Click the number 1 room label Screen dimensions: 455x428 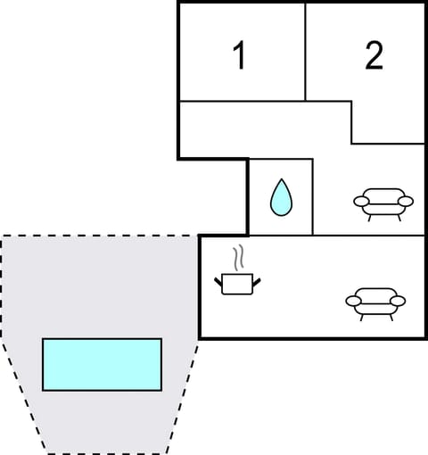pyautogui.click(x=239, y=55)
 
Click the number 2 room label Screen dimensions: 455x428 pyautogui.click(x=374, y=55)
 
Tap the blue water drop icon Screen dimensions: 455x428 pyautogui.click(x=281, y=197)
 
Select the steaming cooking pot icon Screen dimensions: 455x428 pyautogui.click(x=238, y=282)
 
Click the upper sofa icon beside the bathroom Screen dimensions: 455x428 pyautogui.click(x=383, y=203)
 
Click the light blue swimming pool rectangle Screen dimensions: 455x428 pyautogui.click(x=102, y=364)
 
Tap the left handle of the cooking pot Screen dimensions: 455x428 pyautogui.click(x=219, y=285)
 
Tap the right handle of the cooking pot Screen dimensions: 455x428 pyautogui.click(x=257, y=283)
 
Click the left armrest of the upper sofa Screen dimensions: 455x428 pyautogui.click(x=360, y=202)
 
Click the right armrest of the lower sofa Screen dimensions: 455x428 pyautogui.click(x=398, y=302)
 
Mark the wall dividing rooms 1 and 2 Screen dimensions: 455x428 pyautogui.click(x=306, y=52)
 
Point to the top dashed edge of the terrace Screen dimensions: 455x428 pyautogui.click(x=98, y=236)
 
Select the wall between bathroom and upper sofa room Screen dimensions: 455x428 pyautogui.click(x=313, y=196)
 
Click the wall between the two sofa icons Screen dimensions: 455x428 pyautogui.click(x=374, y=236)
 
